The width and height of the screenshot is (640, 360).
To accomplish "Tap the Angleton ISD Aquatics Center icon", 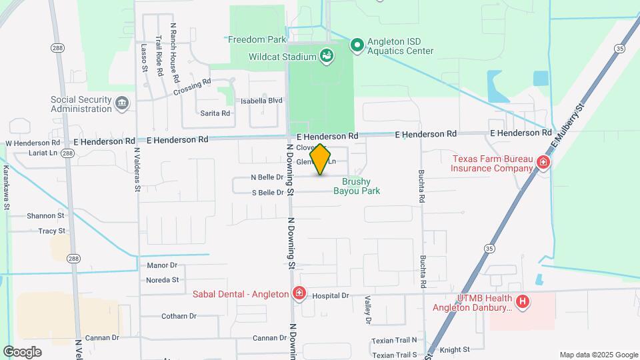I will tap(357, 45).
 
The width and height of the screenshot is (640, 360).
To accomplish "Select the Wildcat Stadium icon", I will tap(327, 57).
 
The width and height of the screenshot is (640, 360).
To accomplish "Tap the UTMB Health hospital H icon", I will tap(523, 302).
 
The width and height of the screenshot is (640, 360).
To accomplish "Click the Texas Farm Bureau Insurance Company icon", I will tap(543, 163).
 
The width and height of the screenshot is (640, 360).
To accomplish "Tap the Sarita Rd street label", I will tap(215, 113).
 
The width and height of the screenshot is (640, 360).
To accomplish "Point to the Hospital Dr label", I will tap(331, 295).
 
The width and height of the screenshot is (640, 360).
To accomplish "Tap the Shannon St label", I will tap(45, 215).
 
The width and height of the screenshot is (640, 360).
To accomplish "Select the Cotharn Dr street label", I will tap(177, 316).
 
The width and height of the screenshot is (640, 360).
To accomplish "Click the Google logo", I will tap(22, 351).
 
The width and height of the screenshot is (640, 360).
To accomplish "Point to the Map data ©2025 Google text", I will tap(599, 355).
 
